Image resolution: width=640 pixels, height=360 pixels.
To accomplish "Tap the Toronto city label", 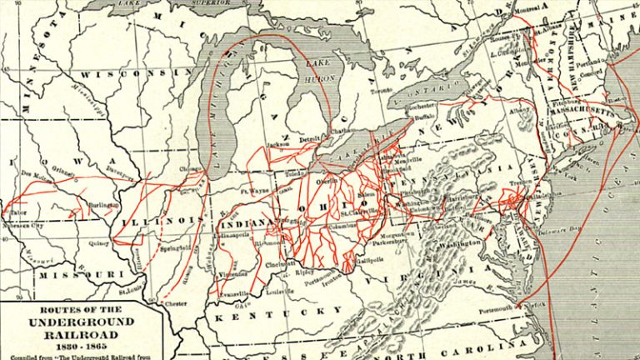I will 382,90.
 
